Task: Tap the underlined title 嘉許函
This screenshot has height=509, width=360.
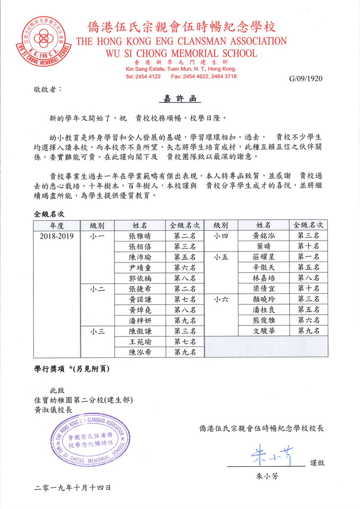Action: pyautogui.click(x=180, y=99)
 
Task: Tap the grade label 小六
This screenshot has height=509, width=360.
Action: pyautogui.click(x=221, y=299)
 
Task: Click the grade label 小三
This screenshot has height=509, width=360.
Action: pyautogui.click(x=97, y=331)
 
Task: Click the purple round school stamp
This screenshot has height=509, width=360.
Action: pyautogui.click(x=90, y=439)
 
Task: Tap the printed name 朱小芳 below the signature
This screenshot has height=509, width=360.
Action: pyautogui.click(x=267, y=476)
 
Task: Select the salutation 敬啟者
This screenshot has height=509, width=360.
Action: pyautogui.click(x=47, y=89)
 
